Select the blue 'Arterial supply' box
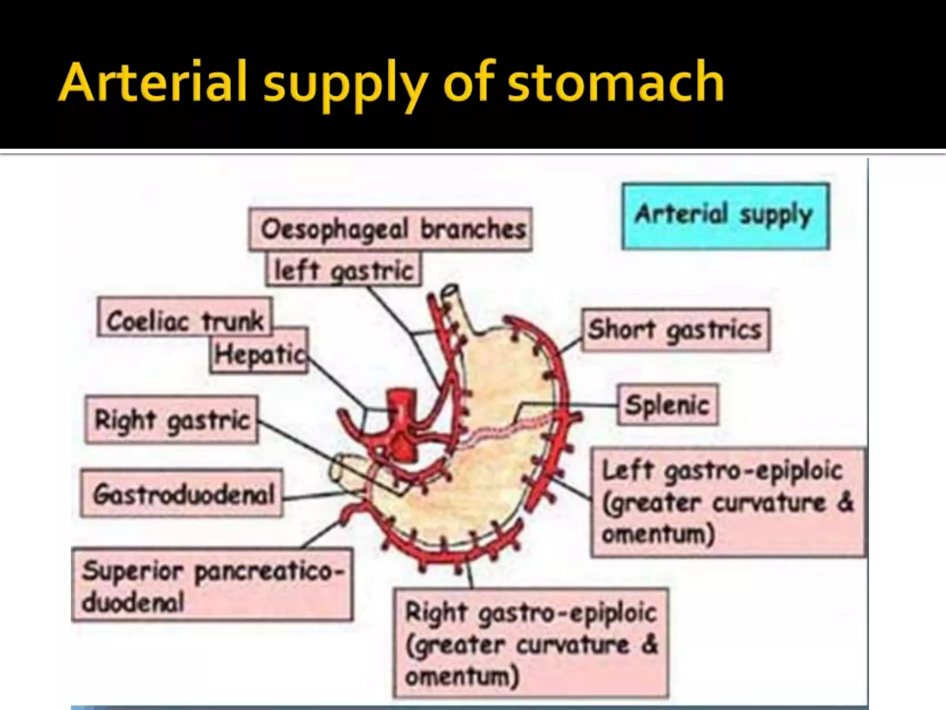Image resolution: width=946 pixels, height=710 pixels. tap(726, 216)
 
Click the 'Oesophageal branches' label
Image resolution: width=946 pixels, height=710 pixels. tap(390, 229)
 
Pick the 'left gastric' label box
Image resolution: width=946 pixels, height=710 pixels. tap(343, 269)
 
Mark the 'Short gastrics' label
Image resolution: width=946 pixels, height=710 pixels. tap(675, 330)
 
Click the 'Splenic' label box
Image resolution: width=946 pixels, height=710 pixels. tap(667, 405)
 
